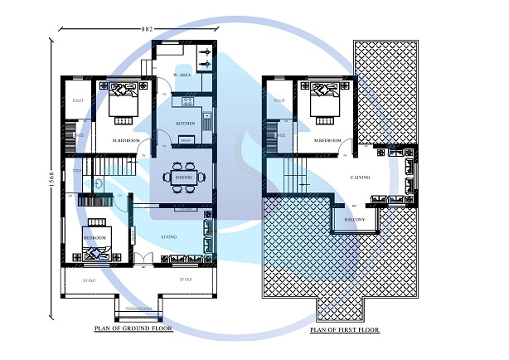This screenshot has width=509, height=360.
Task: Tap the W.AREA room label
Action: (x=182, y=76)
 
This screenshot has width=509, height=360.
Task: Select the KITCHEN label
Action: (x=185, y=124)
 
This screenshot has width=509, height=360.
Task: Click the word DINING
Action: (x=183, y=177)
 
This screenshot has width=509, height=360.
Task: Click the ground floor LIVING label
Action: (x=169, y=238)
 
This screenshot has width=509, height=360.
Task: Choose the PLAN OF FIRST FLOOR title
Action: (x=344, y=330)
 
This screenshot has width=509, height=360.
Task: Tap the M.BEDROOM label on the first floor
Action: (x=327, y=141)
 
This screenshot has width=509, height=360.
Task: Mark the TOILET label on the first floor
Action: (x=280, y=100)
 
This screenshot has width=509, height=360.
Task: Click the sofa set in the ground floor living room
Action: (x=207, y=237)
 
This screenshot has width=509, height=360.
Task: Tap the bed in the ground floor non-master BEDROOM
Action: (x=93, y=242)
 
